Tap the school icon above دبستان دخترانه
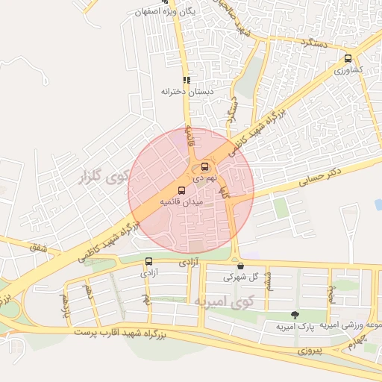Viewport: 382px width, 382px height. point(187,79)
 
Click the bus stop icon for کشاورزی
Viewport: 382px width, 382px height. point(348,58)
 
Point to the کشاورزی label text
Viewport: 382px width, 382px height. point(348,69)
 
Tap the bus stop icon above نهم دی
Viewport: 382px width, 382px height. point(205,167)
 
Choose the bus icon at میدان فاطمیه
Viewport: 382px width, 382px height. point(181,190)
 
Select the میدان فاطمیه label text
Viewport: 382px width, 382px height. point(181,202)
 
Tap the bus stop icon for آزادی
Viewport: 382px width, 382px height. point(148,261)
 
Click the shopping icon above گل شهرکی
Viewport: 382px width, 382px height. point(240,265)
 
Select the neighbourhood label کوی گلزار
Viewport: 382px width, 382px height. point(103,178)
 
